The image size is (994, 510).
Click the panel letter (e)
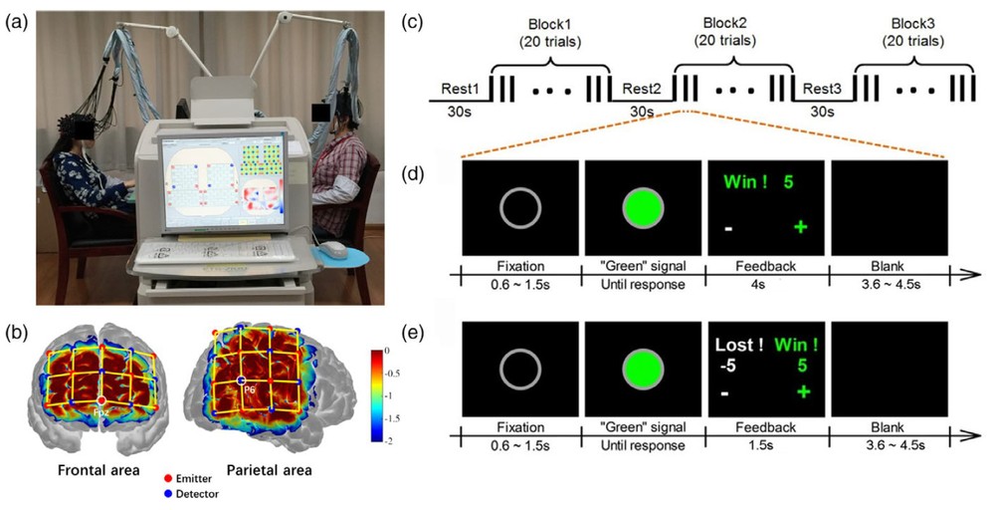(438, 336)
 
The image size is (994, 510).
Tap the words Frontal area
(93, 469)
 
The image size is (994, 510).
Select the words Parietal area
(269, 469)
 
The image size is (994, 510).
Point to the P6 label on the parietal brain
(252, 389)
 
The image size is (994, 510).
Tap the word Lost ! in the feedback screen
(739, 346)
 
